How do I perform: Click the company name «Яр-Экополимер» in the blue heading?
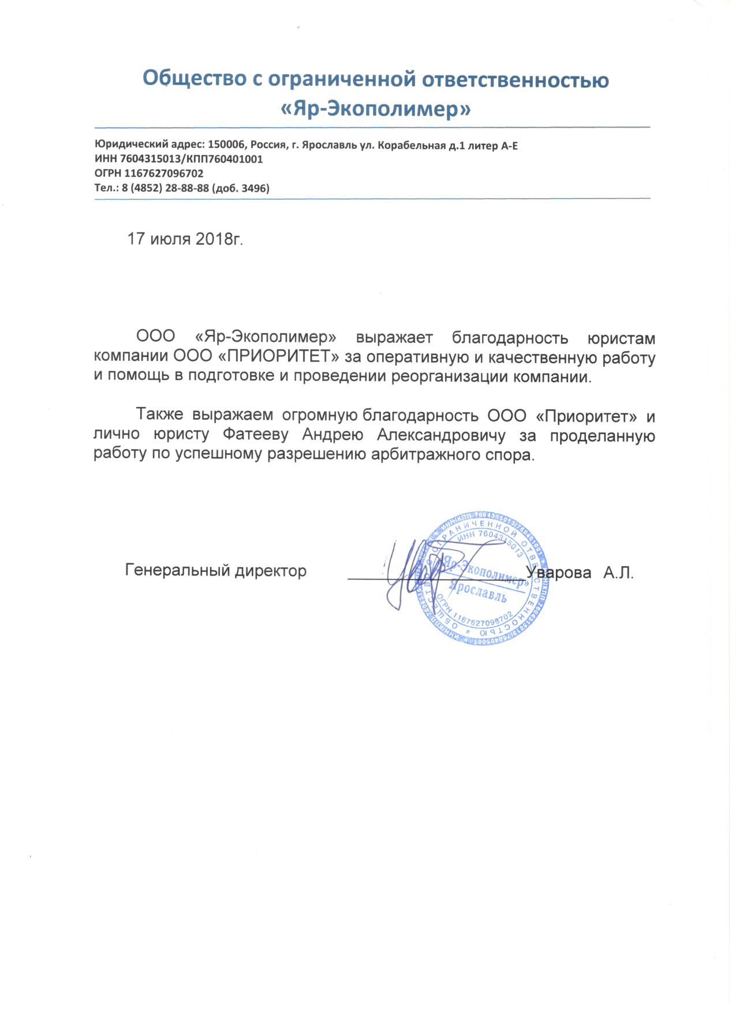coord(375,109)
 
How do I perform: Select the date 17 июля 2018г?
coord(185,239)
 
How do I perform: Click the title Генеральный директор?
coord(216,572)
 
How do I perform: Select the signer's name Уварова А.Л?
coord(580,573)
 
